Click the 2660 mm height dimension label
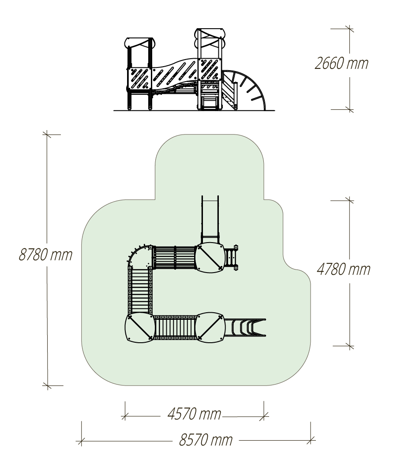341,64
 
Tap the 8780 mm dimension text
45,254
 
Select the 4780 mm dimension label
343,269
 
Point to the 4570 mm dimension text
194,414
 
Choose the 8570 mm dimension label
206,440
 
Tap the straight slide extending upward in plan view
210,219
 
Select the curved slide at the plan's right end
245,327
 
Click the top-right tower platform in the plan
210,257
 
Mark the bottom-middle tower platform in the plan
210,328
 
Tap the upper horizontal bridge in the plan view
175,257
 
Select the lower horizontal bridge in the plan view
175,327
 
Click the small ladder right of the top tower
231,258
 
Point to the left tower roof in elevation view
139,43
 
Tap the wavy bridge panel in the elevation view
175,74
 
